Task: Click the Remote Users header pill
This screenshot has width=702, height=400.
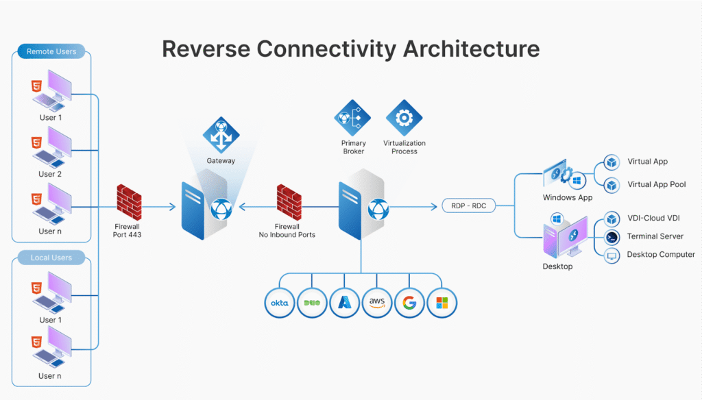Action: pos(51,51)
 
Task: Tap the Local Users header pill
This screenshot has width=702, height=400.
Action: pos(51,258)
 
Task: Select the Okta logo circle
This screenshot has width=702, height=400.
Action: pos(280,302)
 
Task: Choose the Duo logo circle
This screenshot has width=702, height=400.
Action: pos(313,302)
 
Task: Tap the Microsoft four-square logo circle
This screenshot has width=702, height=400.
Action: pos(442,302)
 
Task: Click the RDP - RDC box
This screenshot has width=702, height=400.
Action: pos(469,205)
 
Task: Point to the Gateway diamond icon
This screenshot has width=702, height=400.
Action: pos(221,135)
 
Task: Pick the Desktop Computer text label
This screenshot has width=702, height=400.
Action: pos(661,255)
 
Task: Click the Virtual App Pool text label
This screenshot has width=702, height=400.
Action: pos(657,185)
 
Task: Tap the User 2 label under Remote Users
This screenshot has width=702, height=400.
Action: pos(50,174)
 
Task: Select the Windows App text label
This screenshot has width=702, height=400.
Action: pos(568,198)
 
